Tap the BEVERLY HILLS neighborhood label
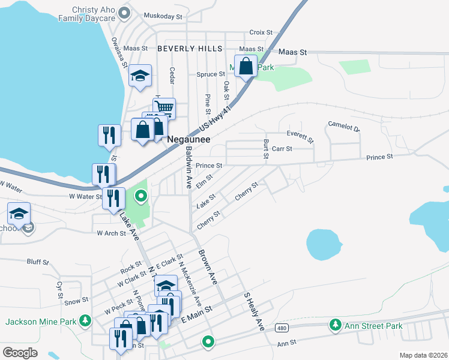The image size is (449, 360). (190, 48)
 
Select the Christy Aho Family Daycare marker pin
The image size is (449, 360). (125, 13)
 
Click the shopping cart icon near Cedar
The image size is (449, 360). (164, 109)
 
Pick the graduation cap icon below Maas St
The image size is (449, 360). (140, 76)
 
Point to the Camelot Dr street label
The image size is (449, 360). (343, 127)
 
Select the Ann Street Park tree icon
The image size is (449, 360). (334, 326)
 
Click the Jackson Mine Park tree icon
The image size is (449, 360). (86, 321)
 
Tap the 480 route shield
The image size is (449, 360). (282, 328)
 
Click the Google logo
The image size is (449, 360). (20, 352)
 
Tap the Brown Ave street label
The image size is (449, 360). (207, 266)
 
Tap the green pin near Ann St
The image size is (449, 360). (208, 342)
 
